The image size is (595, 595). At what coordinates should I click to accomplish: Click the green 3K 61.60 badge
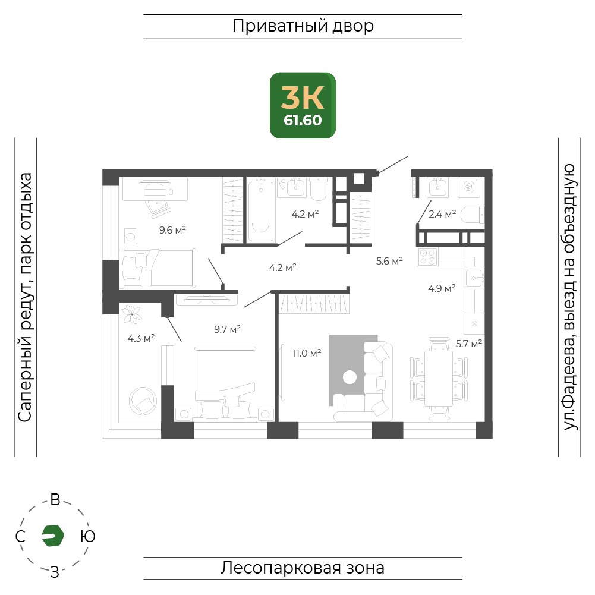tap(303, 105)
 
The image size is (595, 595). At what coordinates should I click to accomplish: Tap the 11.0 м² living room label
tap(307, 353)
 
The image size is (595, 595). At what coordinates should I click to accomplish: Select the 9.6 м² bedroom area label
tap(172, 230)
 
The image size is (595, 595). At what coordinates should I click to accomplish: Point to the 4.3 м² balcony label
tap(141, 338)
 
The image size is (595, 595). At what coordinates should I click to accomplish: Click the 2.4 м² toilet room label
tap(442, 214)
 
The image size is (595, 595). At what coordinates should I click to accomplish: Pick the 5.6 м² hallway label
tap(389, 261)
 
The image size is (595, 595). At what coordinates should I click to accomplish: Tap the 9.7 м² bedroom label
tap(227, 329)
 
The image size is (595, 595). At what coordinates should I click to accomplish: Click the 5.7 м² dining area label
tap(468, 344)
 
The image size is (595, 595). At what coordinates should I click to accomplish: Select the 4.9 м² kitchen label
tap(442, 288)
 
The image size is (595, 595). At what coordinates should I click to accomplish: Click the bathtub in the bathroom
tap(261, 210)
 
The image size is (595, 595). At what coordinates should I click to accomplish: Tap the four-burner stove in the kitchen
tap(427, 257)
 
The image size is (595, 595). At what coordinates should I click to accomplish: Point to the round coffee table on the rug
tap(350, 377)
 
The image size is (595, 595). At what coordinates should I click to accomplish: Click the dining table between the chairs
tap(439, 378)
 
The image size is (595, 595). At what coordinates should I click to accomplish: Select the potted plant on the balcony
tap(132, 314)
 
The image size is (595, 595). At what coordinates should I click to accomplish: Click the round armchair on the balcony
tap(143, 401)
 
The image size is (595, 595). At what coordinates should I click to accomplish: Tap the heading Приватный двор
tap(303, 26)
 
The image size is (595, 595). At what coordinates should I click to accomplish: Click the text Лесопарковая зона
tap(303, 568)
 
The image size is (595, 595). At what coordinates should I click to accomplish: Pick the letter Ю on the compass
tap(87, 536)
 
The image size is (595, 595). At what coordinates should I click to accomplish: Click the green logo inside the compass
tap(53, 536)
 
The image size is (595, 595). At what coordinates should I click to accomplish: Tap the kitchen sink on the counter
tap(474, 279)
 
